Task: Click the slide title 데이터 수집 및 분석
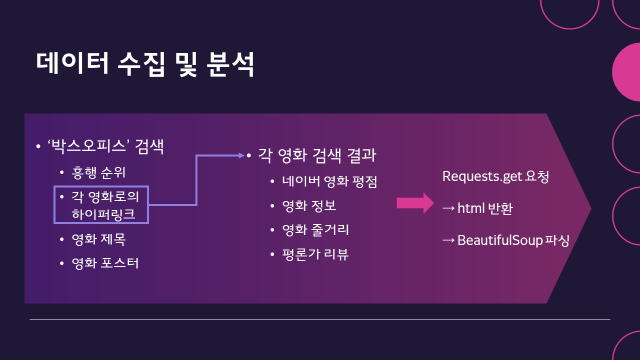(x=145, y=64)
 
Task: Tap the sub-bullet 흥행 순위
(x=98, y=173)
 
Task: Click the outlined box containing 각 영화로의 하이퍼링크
(x=101, y=204)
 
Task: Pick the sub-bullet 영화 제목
(x=98, y=239)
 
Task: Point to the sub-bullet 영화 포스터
(x=105, y=263)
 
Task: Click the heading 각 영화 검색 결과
(x=316, y=155)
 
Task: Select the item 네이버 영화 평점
(x=329, y=181)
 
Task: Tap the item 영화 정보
(x=309, y=205)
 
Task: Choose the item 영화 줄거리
(x=315, y=230)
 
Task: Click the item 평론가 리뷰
(x=315, y=254)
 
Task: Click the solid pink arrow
(x=415, y=203)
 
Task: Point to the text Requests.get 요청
(x=495, y=177)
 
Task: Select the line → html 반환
(x=477, y=208)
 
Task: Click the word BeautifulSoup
(x=500, y=240)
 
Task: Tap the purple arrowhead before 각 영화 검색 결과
(x=241, y=155)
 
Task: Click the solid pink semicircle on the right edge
(x=627, y=72)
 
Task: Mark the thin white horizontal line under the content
(x=320, y=319)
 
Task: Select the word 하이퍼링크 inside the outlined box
(x=103, y=214)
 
